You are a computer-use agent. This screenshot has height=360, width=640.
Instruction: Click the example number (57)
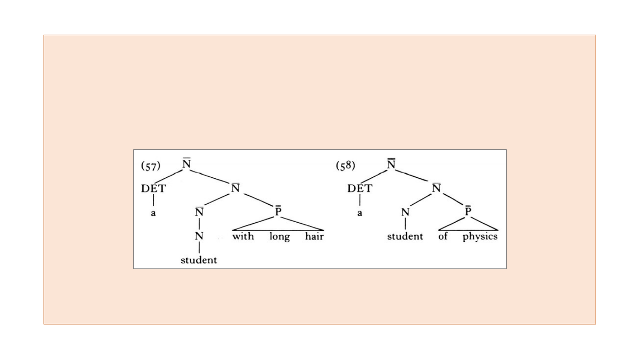pyautogui.click(x=150, y=166)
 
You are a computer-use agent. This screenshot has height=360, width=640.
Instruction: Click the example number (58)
pyautogui.click(x=345, y=166)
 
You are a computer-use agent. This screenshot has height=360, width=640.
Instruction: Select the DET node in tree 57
pyautogui.click(x=153, y=188)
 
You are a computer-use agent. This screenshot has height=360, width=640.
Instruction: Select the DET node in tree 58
pyautogui.click(x=360, y=188)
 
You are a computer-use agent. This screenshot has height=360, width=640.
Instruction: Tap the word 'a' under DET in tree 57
pyautogui.click(x=153, y=213)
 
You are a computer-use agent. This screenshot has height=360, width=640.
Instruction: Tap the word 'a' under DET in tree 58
pyautogui.click(x=360, y=213)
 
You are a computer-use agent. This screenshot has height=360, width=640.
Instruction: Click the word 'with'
pyautogui.click(x=243, y=236)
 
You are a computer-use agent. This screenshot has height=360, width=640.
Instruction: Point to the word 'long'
pyautogui.click(x=279, y=236)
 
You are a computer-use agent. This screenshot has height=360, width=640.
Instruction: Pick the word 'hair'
pyautogui.click(x=314, y=236)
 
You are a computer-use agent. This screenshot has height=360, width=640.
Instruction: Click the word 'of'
pyautogui.click(x=443, y=236)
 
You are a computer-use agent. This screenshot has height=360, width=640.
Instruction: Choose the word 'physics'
pyautogui.click(x=480, y=237)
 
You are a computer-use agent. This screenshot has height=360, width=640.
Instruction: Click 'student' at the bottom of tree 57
pyautogui.click(x=199, y=260)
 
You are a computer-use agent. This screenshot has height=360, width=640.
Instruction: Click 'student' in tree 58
pyautogui.click(x=405, y=236)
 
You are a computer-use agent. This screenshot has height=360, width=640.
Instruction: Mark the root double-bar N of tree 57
pyautogui.click(x=187, y=164)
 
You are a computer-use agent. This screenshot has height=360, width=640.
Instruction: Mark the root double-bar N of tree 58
pyautogui.click(x=392, y=164)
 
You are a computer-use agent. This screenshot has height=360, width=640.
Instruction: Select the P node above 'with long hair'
pyautogui.click(x=278, y=211)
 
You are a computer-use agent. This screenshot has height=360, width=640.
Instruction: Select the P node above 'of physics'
pyautogui.click(x=468, y=211)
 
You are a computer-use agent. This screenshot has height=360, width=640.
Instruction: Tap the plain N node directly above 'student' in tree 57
pyautogui.click(x=199, y=236)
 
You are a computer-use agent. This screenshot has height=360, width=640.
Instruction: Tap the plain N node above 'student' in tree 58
pyautogui.click(x=405, y=213)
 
